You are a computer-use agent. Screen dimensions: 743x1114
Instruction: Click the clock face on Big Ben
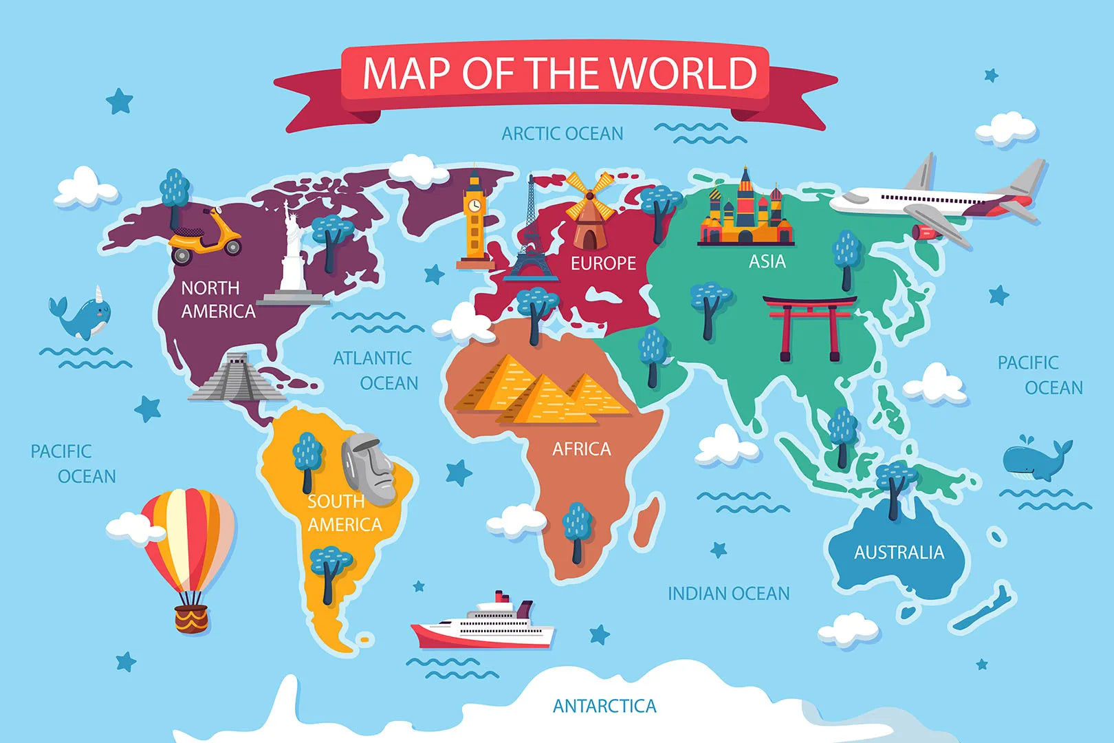pos(474,206)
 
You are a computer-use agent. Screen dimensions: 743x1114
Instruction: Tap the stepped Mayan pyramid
pos(235,378)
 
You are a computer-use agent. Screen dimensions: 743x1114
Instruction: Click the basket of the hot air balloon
pos(191,618)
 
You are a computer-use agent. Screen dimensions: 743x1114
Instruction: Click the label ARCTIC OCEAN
pos(562,133)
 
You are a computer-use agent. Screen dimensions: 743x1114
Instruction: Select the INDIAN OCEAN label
pos(728,593)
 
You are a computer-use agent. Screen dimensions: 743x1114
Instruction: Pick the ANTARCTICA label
pos(604,706)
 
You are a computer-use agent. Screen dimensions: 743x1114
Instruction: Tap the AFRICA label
pos(581,449)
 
